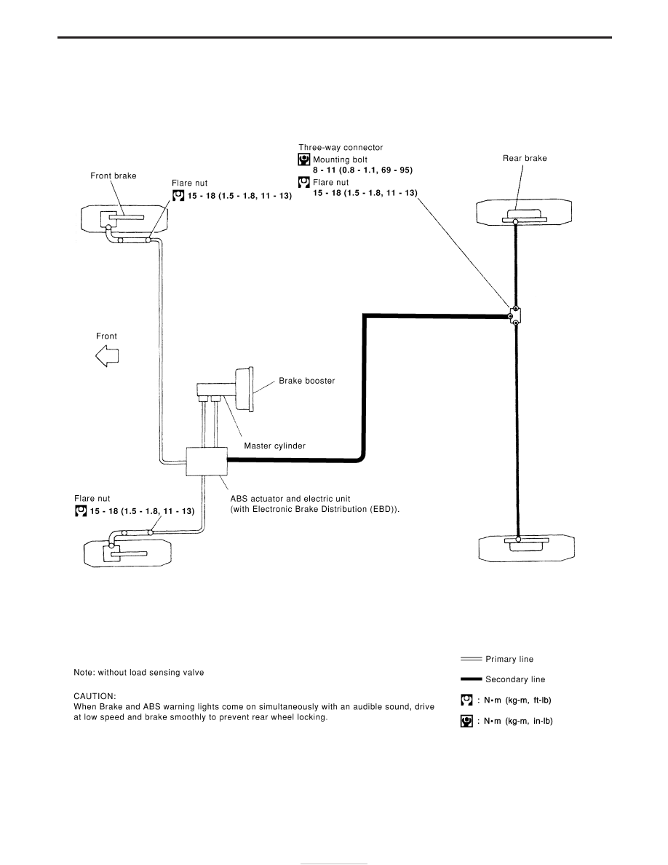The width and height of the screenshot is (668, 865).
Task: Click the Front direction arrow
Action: [x=107, y=356]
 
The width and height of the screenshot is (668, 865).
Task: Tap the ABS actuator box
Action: [x=207, y=461]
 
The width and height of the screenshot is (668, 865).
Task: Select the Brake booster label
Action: [x=306, y=381]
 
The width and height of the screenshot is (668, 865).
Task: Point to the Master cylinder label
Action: [x=274, y=446]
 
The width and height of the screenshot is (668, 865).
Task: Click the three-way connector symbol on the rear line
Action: [x=515, y=315]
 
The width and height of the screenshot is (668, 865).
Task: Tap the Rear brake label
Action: [x=525, y=158]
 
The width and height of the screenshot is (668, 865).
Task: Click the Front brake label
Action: [x=114, y=176]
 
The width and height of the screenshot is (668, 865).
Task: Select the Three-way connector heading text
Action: [x=341, y=147]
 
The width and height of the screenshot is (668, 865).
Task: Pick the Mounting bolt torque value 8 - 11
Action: [x=362, y=170]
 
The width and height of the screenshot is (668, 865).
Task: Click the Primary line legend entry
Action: [x=497, y=659]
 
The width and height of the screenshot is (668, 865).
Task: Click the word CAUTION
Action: [x=95, y=696]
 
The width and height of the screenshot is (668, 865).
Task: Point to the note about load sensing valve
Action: [x=139, y=673]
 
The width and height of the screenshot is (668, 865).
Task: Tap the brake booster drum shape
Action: [x=244, y=388]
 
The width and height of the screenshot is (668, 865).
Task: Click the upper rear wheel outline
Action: [x=524, y=213]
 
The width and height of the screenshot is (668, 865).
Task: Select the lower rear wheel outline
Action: [x=526, y=548]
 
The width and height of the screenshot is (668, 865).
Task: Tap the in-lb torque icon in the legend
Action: [x=466, y=721]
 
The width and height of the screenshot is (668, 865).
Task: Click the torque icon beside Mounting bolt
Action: [x=304, y=159]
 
